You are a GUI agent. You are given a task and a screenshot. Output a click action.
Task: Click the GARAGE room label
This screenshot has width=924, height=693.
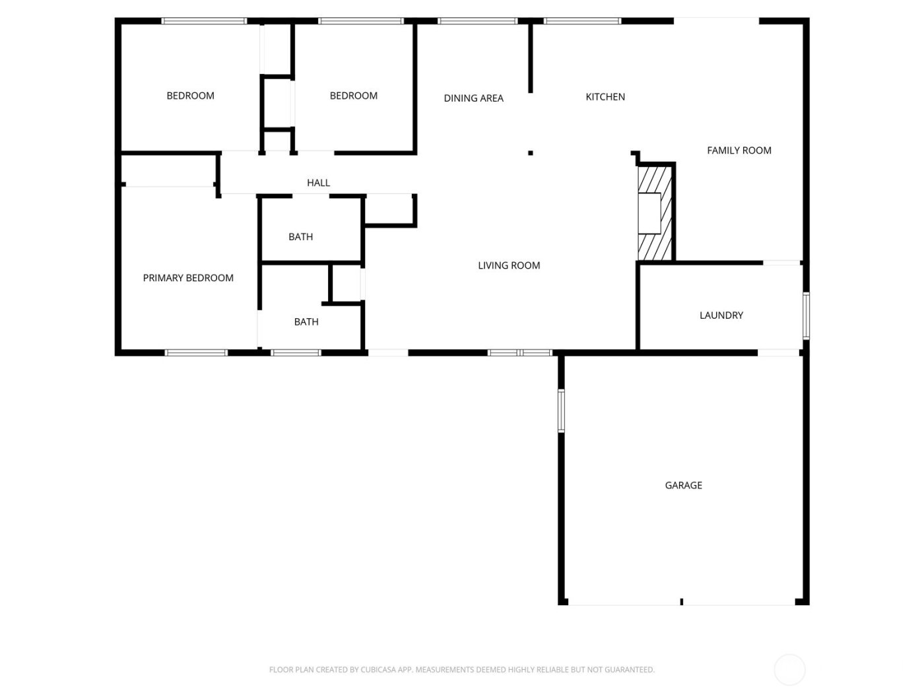[x=683, y=485]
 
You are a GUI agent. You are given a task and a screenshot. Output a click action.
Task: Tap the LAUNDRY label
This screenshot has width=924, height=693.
[x=721, y=315]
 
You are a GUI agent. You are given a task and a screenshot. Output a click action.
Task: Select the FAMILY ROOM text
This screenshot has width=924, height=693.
[x=739, y=150]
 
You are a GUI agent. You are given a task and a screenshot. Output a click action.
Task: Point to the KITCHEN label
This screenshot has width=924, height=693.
[x=605, y=97]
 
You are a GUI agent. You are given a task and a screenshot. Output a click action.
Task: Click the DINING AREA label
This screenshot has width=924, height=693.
[x=473, y=98]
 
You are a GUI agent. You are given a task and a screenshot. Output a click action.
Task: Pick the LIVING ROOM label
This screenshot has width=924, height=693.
[x=509, y=265]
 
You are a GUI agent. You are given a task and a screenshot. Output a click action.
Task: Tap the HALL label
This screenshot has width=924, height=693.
[x=318, y=183]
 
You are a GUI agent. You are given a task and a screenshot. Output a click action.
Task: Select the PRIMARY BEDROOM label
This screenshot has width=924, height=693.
[x=188, y=278]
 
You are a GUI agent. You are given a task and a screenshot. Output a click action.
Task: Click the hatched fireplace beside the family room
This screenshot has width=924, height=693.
[x=654, y=213]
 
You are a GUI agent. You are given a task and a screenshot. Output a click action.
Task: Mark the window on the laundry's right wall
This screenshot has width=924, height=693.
[x=806, y=315]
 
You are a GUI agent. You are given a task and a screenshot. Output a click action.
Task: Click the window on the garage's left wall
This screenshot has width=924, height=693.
[x=561, y=410]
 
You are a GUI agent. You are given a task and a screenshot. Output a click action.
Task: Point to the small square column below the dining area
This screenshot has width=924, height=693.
[x=530, y=153]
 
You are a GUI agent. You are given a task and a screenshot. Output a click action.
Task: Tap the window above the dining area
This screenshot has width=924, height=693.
[x=477, y=21]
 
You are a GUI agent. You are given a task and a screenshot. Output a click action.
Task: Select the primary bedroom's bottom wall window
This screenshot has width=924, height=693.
[x=196, y=352]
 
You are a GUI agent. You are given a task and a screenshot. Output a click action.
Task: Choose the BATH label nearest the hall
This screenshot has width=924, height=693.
[x=300, y=237]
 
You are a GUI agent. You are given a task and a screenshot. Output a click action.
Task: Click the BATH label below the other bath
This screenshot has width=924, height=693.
[x=306, y=322]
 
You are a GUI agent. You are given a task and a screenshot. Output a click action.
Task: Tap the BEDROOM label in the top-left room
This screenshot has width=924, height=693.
[x=190, y=96]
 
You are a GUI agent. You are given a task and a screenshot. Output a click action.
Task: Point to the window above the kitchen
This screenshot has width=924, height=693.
[x=582, y=21]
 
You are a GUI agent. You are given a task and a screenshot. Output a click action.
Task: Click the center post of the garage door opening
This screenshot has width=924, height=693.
[x=681, y=601]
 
